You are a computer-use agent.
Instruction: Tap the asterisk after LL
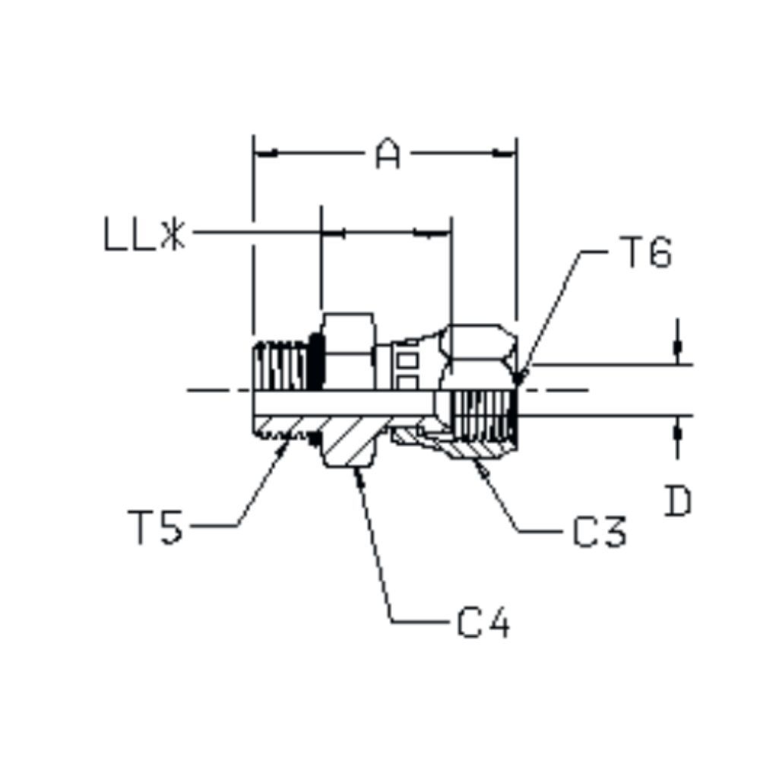[x=173, y=236]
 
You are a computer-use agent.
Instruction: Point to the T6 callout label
[x=645, y=253]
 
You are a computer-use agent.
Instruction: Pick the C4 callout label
[x=483, y=623]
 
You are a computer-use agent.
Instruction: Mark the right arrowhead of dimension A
[x=505, y=154]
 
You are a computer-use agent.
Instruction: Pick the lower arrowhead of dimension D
[x=677, y=430]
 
